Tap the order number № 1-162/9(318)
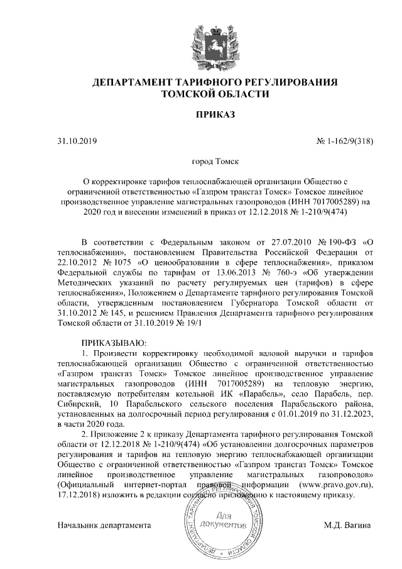(x=344, y=141)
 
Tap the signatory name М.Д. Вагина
(x=347, y=524)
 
